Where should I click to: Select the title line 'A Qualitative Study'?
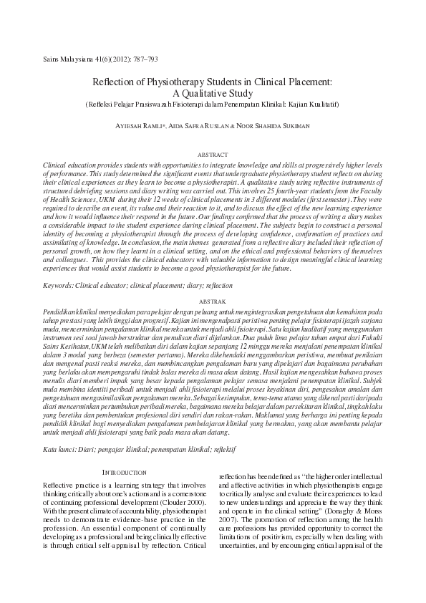213,93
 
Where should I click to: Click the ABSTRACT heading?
213,155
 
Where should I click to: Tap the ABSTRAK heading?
213,303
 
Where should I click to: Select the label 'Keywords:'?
59,285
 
